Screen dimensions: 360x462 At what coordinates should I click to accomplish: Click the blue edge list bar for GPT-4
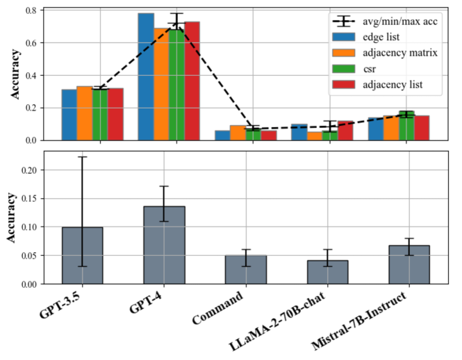click(x=146, y=76)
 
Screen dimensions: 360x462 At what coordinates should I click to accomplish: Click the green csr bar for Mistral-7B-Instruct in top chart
click(x=406, y=126)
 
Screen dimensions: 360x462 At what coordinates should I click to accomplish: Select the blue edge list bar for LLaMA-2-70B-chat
click(x=299, y=132)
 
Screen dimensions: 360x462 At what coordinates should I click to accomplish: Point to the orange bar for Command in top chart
click(x=238, y=133)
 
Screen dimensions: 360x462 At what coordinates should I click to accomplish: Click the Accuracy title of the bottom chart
click(x=12, y=217)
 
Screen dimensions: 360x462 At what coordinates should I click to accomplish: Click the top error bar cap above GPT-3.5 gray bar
click(x=82, y=157)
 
